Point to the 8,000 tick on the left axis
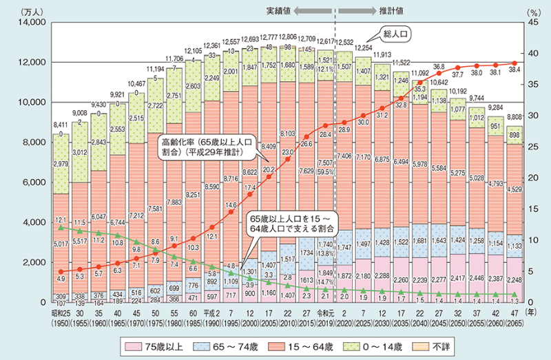click(32, 142)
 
